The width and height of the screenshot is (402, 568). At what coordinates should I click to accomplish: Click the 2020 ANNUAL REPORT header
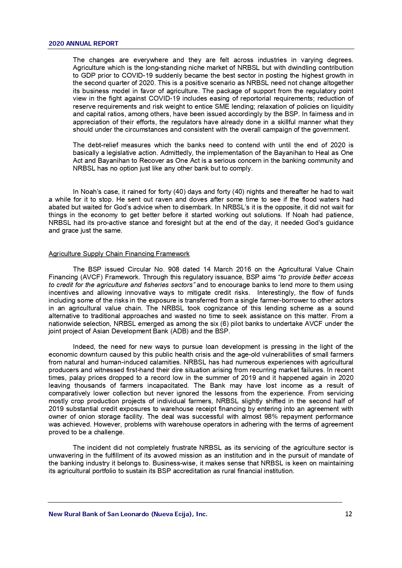[84, 44]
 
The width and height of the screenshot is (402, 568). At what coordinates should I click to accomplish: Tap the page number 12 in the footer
[349, 514]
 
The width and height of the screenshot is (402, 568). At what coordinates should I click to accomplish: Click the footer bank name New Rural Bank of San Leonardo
[128, 514]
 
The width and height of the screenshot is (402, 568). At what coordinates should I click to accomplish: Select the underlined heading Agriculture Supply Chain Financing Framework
[119, 254]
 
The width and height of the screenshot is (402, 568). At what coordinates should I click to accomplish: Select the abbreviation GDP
[88, 75]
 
